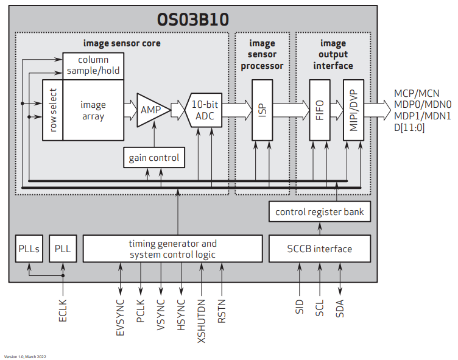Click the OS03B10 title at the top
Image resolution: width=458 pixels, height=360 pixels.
(193, 19)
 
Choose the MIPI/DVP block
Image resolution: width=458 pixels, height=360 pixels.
(352, 110)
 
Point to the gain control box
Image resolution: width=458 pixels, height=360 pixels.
(153, 158)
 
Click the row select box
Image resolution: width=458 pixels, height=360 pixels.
(53, 110)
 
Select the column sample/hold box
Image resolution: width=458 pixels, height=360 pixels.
(93, 65)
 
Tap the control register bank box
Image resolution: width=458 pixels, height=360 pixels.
(319, 212)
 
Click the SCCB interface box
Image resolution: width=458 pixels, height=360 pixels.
(319, 249)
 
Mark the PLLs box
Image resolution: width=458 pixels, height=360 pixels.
(28, 249)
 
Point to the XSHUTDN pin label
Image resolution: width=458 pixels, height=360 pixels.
(201, 314)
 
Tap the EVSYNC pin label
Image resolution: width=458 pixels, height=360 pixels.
(120, 312)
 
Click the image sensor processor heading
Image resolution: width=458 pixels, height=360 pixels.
(262, 54)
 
